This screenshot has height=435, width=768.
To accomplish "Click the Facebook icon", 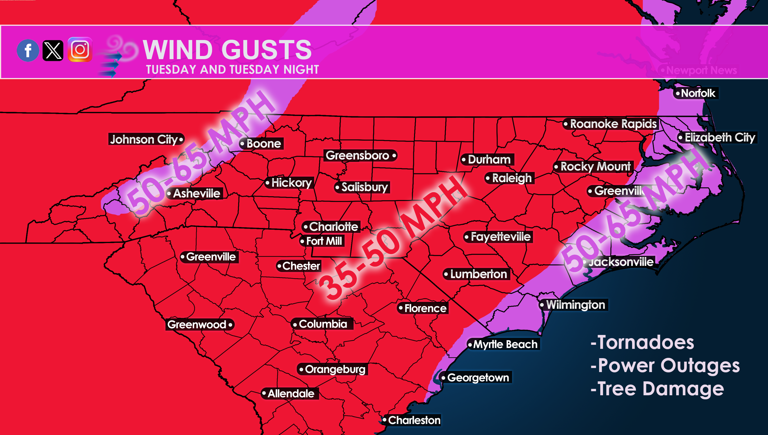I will (28, 50).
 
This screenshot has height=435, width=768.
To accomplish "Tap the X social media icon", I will (53, 50).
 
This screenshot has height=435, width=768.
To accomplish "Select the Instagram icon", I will (80, 50).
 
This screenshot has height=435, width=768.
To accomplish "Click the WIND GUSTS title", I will (227, 50).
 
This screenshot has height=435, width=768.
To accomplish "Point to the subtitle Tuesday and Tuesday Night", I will (232, 70).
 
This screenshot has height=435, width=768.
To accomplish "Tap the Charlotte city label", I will (333, 227).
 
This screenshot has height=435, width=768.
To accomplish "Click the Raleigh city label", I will (512, 178).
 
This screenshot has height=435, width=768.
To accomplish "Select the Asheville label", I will (196, 193).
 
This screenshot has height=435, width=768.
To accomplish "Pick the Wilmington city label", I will (575, 305).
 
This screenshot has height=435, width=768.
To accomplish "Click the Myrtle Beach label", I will (505, 344).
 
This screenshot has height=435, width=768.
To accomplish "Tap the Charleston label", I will (414, 420).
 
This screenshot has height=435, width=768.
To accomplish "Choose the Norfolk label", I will (698, 93).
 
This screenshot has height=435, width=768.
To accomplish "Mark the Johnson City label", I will (144, 139).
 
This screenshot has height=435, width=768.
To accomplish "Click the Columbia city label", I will (323, 324).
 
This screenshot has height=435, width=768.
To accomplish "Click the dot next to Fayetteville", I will (467, 237).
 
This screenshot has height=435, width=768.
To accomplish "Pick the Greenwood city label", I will (197, 325).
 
